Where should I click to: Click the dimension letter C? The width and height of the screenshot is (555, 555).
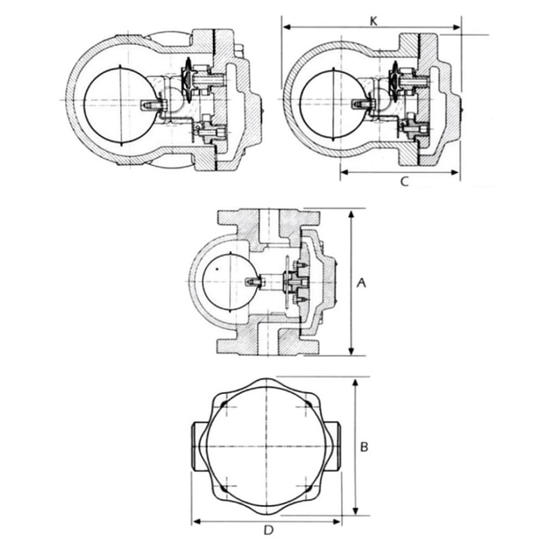(404, 182)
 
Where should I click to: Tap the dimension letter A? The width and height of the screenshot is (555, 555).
(361, 282)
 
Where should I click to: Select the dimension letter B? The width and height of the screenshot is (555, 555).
(364, 447)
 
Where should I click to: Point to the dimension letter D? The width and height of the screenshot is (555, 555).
(269, 530)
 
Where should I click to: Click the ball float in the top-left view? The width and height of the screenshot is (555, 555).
(120, 105)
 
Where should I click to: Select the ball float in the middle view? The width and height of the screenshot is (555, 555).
(230, 282)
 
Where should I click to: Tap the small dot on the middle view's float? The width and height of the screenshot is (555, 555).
(217, 269)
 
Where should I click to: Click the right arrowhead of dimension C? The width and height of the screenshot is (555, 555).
(455, 172)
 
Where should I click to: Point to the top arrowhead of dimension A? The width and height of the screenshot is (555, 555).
(351, 214)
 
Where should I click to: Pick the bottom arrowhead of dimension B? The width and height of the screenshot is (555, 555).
(356, 511)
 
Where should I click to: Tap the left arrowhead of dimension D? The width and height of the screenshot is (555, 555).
(196, 522)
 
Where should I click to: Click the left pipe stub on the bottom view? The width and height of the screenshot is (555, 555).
(200, 446)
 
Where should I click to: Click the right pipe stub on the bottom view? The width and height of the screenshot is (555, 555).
(333, 446)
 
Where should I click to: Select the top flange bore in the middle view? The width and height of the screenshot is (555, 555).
(269, 227)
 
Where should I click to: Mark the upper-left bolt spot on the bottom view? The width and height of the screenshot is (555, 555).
(223, 404)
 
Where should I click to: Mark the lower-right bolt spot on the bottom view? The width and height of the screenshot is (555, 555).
(310, 488)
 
